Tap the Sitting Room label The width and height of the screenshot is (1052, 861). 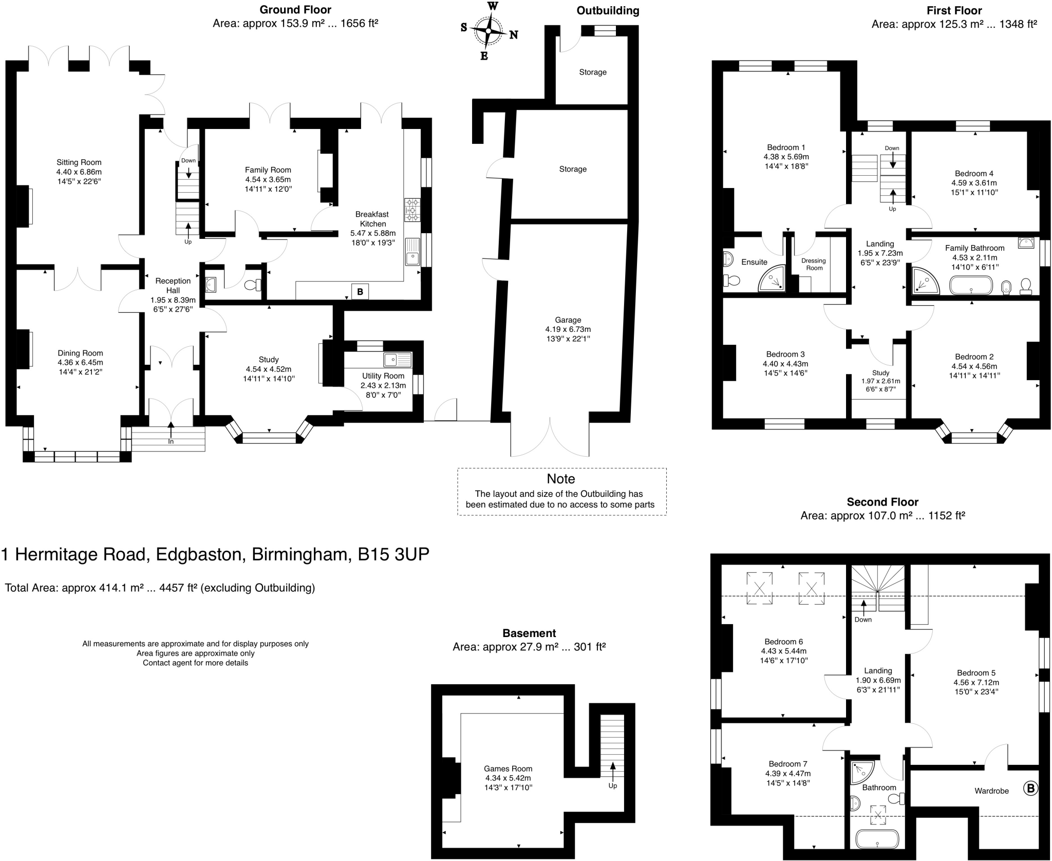[x=79, y=162]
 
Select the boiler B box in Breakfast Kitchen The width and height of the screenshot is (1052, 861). [x=360, y=292]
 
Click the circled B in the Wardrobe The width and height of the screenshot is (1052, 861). [x=1030, y=788]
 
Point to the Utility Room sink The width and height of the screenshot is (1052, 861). [x=398, y=360]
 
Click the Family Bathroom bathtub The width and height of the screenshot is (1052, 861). [x=971, y=285]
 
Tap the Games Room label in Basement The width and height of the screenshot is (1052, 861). [x=508, y=769]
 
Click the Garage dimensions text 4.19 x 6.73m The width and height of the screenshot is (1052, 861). [x=568, y=329]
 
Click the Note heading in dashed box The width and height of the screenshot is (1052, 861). [x=561, y=479]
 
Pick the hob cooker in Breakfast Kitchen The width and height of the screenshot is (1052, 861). [x=412, y=210]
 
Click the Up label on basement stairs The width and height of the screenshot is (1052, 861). [x=613, y=785]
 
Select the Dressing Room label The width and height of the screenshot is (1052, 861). [x=814, y=264]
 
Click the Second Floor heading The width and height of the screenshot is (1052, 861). [x=882, y=502]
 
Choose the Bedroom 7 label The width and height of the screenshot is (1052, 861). [x=788, y=764]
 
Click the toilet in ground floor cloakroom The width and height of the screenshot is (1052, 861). [x=253, y=285]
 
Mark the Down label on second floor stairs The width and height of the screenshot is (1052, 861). [x=863, y=620]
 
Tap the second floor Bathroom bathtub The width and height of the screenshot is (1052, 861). [x=877, y=838]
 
